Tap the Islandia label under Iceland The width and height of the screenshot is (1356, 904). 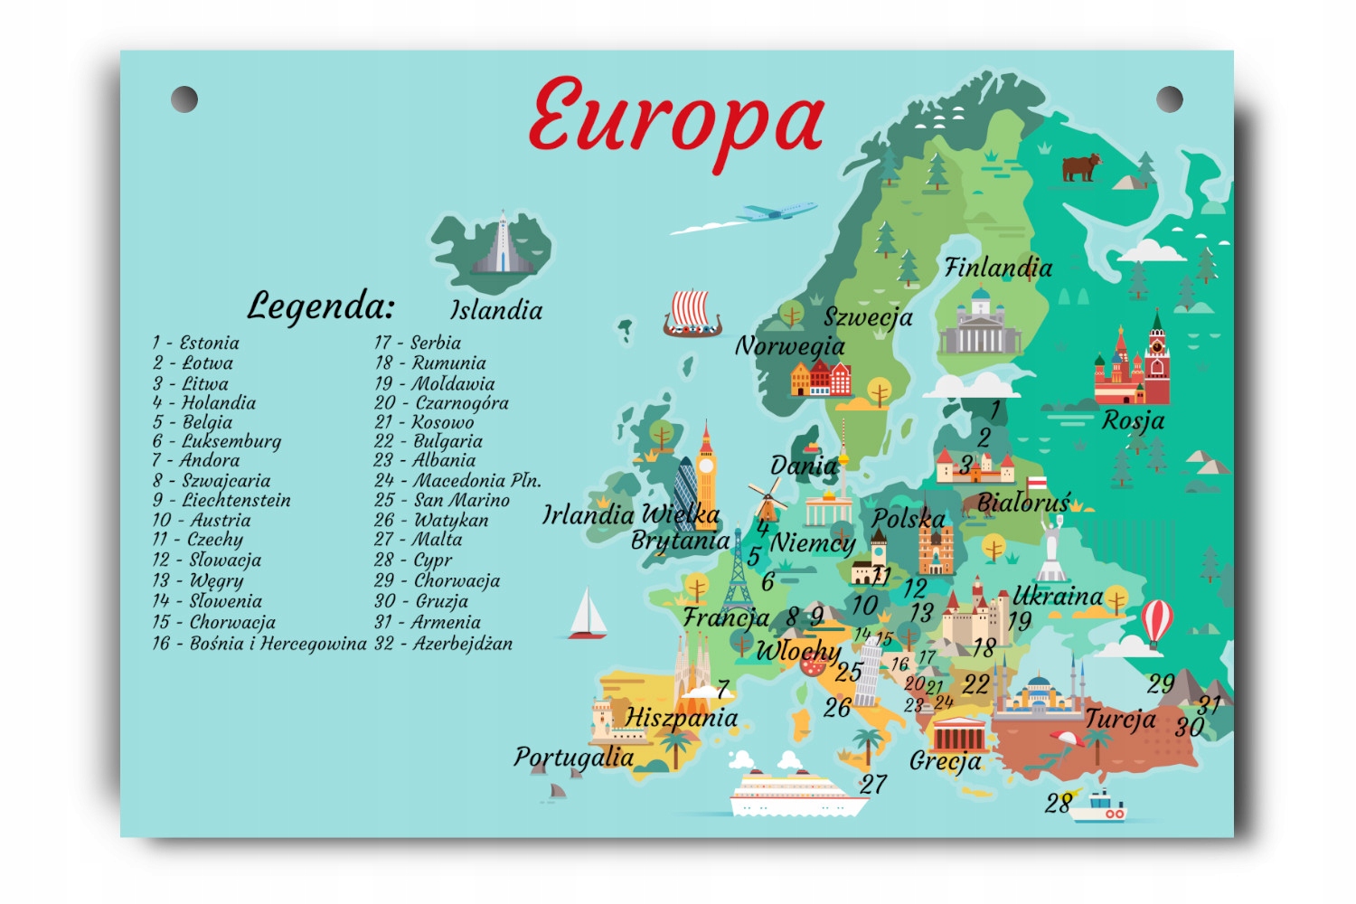496,310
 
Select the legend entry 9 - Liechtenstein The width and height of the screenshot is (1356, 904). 221,500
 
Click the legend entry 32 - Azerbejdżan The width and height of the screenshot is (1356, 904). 444,644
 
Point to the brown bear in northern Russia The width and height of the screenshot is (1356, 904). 1081,167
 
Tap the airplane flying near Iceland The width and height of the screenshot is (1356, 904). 776,212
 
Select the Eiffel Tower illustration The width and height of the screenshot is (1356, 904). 738,570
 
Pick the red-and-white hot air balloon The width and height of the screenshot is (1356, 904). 1157,623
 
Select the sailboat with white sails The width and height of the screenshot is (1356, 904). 588,614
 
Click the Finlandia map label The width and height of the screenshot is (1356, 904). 998,268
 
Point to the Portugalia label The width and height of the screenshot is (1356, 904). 573,757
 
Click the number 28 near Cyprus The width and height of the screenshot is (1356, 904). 1059,802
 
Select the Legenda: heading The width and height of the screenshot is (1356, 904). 321,306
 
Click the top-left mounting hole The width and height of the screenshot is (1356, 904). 184,99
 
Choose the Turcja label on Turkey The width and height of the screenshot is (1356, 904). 1120,719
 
